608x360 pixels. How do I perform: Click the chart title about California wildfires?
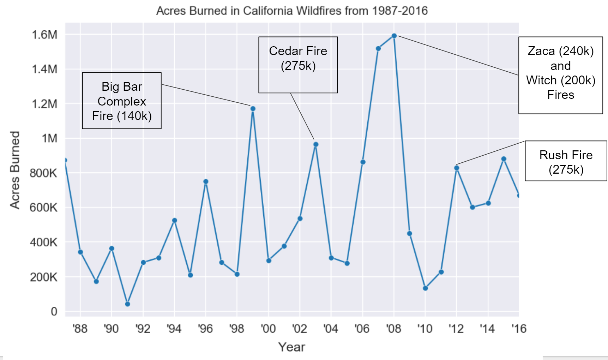pyautogui.click(x=292, y=11)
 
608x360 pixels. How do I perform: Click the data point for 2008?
pyautogui.click(x=394, y=36)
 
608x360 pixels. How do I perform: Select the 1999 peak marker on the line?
pyautogui.click(x=253, y=109)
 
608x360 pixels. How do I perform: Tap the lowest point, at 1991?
pyautogui.click(x=127, y=304)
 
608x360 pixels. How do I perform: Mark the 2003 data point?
pyautogui.click(x=316, y=144)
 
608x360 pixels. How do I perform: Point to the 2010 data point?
pyautogui.click(x=425, y=288)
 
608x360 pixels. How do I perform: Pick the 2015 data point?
pyautogui.click(x=504, y=159)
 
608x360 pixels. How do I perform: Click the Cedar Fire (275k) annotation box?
pyautogui.click(x=298, y=65)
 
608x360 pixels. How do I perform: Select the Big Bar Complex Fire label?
pyautogui.click(x=122, y=101)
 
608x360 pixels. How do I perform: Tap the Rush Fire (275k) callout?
pyautogui.click(x=566, y=161)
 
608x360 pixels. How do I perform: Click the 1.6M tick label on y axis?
pyautogui.click(x=44, y=35)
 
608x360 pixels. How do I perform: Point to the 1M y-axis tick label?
pyautogui.click(x=49, y=138)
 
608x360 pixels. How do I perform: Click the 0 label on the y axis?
pyautogui.click(x=54, y=311)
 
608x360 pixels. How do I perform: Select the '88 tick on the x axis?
pyautogui.click(x=80, y=329)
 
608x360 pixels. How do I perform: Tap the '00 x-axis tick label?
pyautogui.click(x=268, y=329)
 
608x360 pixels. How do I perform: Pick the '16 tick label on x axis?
pyautogui.click(x=519, y=329)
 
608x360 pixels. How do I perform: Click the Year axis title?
pyautogui.click(x=291, y=347)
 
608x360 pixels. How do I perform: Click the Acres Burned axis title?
pyautogui.click(x=15, y=170)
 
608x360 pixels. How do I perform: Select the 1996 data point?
pyautogui.click(x=206, y=182)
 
